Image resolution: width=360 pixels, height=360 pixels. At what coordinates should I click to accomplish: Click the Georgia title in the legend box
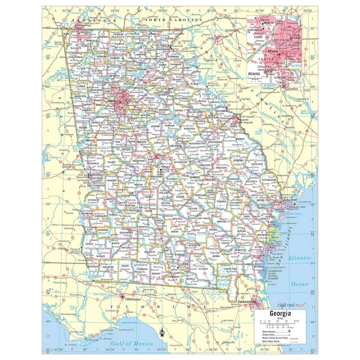point(281,313)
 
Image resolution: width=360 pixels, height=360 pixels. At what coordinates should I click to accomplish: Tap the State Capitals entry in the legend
point(270,331)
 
